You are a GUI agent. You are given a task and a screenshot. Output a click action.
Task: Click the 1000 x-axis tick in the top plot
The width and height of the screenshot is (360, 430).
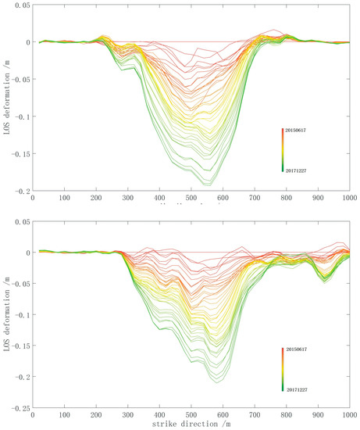[348, 199]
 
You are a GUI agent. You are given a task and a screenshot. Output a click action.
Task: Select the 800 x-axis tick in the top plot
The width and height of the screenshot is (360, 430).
[285, 199]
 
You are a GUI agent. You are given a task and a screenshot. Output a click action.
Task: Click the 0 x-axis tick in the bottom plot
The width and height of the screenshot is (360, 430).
[32, 415]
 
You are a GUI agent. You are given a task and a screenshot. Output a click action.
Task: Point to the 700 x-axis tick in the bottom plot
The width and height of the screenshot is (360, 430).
[254, 415]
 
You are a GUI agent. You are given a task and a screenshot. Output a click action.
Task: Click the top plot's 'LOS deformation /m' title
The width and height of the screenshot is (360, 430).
[6, 98]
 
